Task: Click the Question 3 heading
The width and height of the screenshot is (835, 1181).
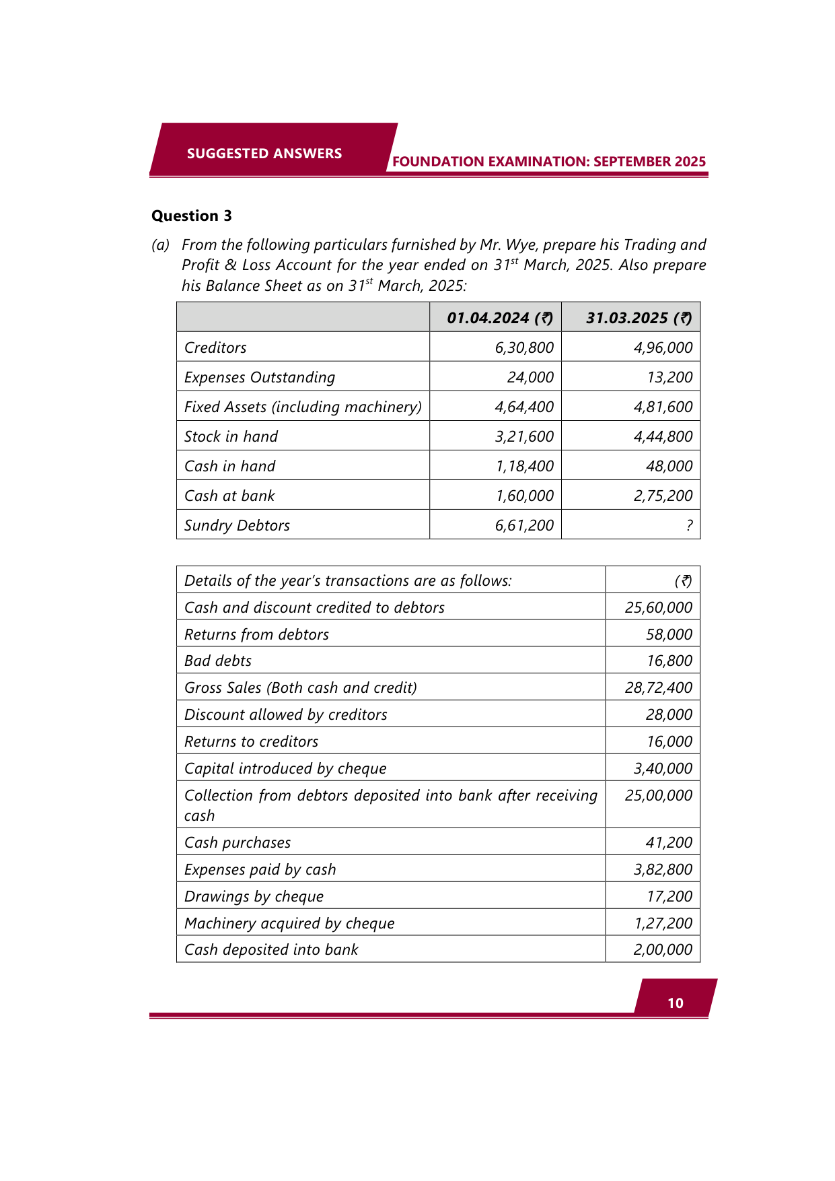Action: (x=192, y=215)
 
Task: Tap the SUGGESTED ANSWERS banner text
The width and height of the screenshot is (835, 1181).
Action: (x=264, y=154)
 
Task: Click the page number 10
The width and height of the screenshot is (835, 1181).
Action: (x=675, y=1003)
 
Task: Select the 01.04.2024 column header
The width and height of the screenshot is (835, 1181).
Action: (x=499, y=318)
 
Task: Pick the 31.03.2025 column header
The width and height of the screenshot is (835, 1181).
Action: (x=639, y=318)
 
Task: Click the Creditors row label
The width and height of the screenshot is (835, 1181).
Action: (x=215, y=347)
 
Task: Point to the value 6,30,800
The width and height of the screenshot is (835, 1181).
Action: (x=524, y=347)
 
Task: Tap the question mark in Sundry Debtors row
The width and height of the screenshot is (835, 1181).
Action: (x=689, y=526)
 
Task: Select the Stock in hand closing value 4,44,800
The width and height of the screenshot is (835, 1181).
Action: (x=663, y=436)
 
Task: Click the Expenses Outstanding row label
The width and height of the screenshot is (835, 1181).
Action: (x=260, y=377)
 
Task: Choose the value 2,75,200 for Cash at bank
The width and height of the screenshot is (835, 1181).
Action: (x=663, y=496)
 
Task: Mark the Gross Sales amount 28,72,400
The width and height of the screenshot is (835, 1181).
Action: (x=658, y=687)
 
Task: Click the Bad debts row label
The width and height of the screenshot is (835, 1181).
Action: (x=218, y=661)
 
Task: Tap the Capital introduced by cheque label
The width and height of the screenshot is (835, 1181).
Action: (x=285, y=768)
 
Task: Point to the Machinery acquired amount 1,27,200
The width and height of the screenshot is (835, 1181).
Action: (x=663, y=923)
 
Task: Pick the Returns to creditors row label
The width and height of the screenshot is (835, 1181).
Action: (x=251, y=741)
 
